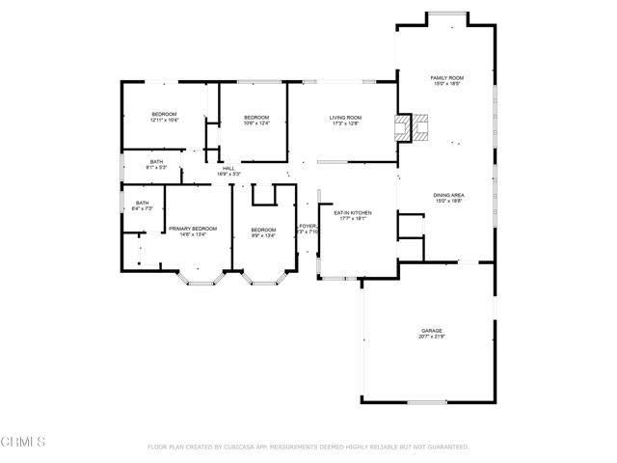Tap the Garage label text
click(431, 329)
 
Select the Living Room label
click(345, 117)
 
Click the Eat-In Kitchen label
click(352, 212)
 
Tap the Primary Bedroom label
click(193, 229)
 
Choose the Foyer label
click(308, 226)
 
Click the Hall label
click(228, 169)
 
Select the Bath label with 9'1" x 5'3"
click(156, 161)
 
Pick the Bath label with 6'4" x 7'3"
click(142, 203)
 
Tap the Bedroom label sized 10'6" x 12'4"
click(255, 117)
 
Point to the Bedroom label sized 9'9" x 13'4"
click(263, 230)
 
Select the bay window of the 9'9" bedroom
click(263, 280)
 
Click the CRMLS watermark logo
click(24, 442)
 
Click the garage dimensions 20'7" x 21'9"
click(431, 337)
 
